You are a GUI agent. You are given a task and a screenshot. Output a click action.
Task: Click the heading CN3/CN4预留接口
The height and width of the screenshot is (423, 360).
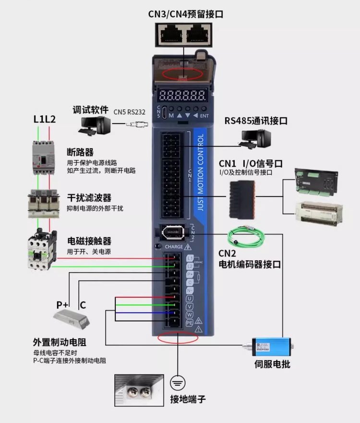pos(182,14)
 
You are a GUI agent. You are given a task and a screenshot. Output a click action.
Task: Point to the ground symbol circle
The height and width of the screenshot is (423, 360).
pos(177,382)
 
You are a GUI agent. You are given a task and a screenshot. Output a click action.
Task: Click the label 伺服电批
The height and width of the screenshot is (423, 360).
pos(272,364)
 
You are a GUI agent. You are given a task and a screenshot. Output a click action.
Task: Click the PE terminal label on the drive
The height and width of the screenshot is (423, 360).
pos(189,323)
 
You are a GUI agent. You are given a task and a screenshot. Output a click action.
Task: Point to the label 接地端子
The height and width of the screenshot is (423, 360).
pos(188,399)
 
